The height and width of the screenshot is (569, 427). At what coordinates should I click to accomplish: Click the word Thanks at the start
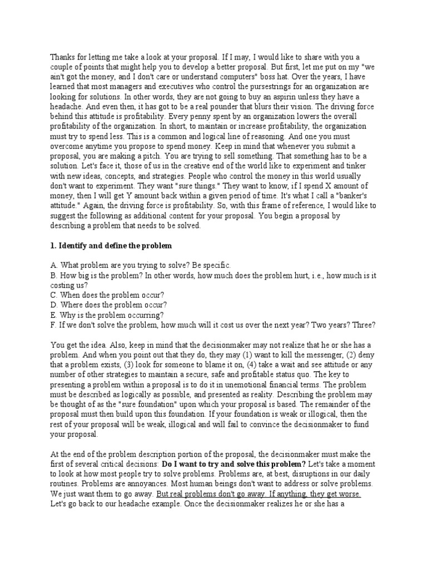[x=63, y=56]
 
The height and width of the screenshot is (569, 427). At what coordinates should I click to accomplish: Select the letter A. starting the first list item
[x=54, y=266]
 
